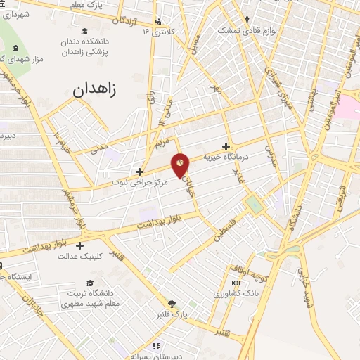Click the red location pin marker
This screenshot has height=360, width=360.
(x=181, y=165)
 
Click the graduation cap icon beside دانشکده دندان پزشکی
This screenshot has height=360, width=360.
(x=84, y=31)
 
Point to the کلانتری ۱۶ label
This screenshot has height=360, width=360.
(x=156, y=32)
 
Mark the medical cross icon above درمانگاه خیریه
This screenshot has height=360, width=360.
(x=226, y=146)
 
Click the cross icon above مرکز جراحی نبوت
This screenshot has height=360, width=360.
(x=140, y=171)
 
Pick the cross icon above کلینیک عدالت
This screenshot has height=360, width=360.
(x=80, y=246)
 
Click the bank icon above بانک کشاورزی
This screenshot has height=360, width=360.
(x=236, y=283)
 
